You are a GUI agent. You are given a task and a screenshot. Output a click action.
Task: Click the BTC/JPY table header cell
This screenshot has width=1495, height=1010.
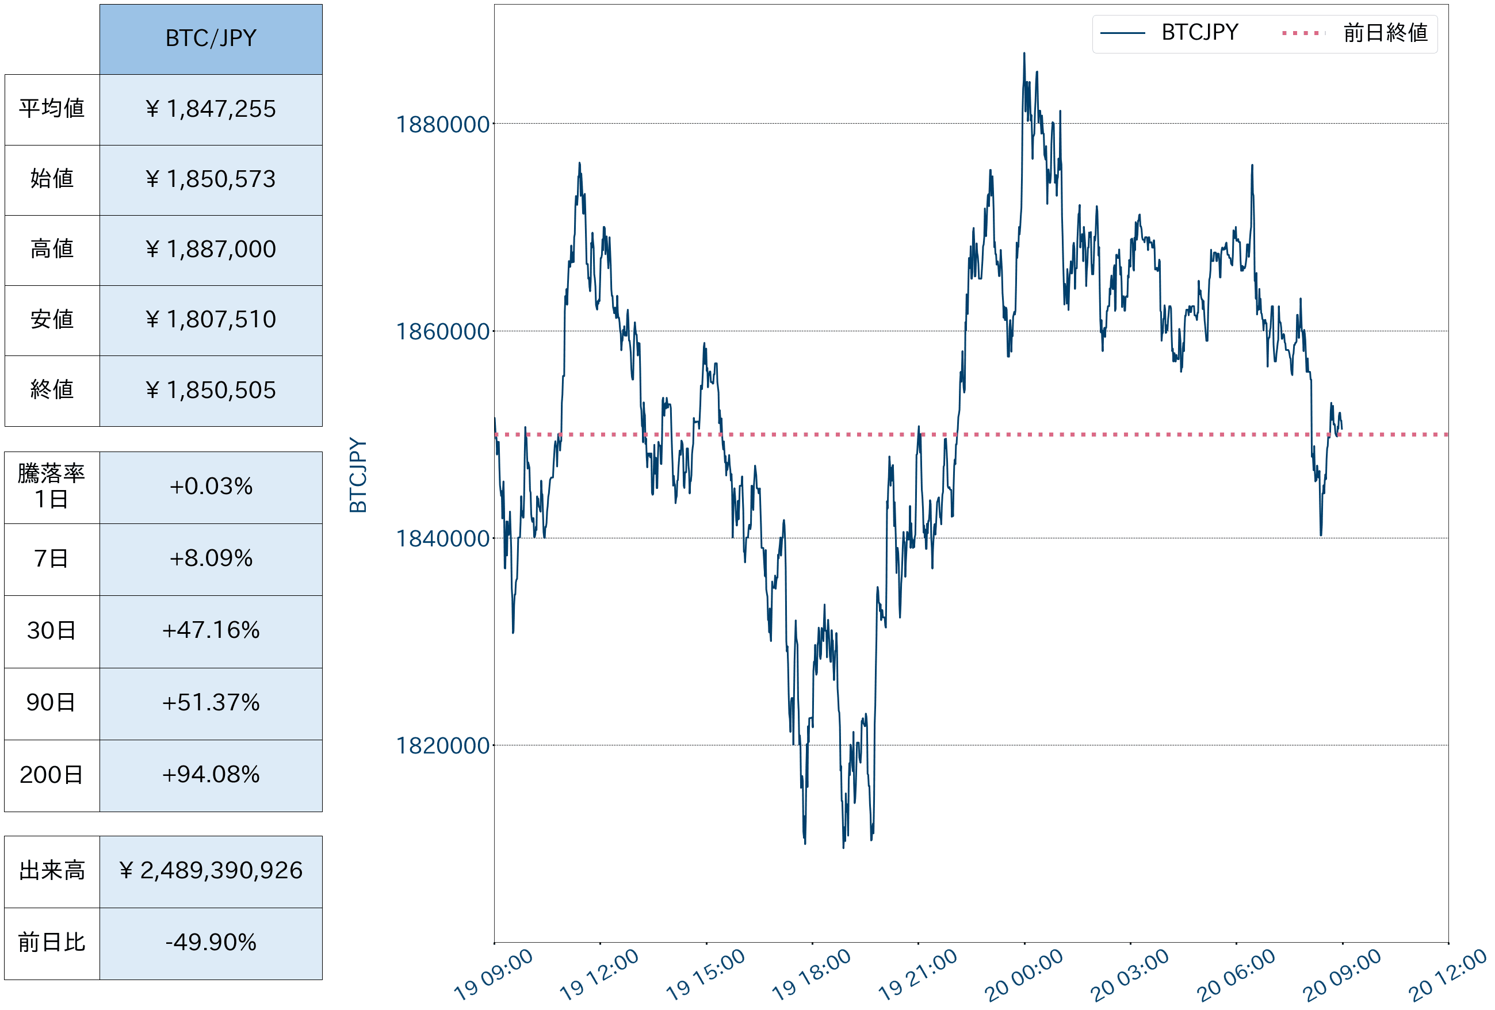pyautogui.click(x=211, y=39)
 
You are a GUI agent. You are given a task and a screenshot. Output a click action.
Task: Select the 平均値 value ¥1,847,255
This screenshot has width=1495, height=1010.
pyautogui.click(x=211, y=109)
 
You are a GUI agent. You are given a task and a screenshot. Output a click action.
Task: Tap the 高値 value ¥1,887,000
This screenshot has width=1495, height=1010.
pyautogui.click(x=211, y=250)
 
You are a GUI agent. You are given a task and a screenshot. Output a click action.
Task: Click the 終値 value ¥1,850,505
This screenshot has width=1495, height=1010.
pyautogui.click(x=211, y=391)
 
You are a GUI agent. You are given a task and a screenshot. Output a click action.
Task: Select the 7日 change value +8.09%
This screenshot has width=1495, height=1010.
pyautogui.click(x=211, y=558)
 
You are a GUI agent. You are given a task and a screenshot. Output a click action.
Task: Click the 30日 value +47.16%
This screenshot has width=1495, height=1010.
pyautogui.click(x=211, y=630)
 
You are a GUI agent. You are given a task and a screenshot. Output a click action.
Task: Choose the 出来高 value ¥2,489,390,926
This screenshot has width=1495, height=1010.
pyautogui.click(x=211, y=871)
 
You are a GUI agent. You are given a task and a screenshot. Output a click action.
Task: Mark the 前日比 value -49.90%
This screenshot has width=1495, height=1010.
pyautogui.click(x=211, y=943)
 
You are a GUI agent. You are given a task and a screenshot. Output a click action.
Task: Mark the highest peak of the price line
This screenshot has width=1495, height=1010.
pyautogui.click(x=1024, y=53)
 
